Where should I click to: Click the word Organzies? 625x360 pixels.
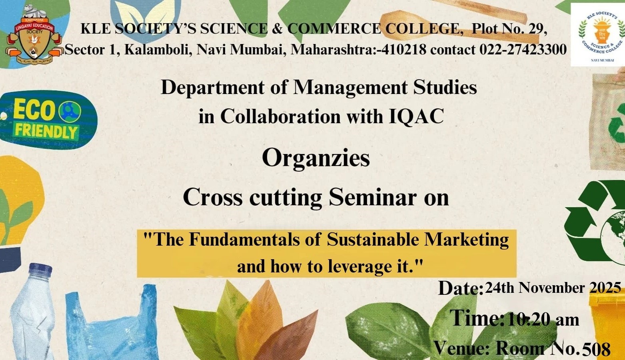coord(315,158)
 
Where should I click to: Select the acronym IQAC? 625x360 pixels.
coord(416,117)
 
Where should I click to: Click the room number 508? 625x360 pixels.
coord(596,349)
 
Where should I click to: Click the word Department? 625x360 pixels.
coord(212,88)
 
